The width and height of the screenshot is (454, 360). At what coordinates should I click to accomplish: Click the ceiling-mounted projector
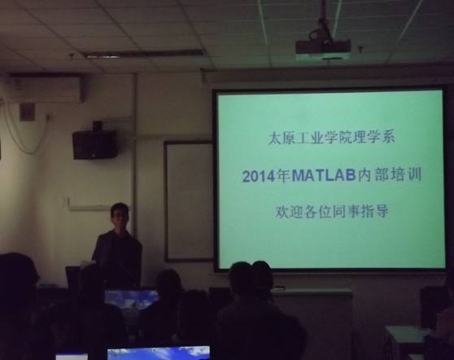tap(323, 47)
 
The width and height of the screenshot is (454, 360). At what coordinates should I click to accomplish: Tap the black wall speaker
tap(95, 144)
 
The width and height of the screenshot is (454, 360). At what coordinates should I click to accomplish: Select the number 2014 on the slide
tap(259, 176)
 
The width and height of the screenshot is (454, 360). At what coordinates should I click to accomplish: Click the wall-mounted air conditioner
tap(45, 89)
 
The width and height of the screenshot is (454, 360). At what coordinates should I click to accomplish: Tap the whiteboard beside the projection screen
tap(189, 201)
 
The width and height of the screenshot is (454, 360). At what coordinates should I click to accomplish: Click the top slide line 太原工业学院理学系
tap(331, 138)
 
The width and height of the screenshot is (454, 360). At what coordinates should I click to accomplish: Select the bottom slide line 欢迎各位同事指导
tap(331, 212)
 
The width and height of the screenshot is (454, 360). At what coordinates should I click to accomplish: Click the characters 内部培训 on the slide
tap(390, 175)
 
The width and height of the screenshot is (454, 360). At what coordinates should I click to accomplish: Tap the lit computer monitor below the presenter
tap(131, 300)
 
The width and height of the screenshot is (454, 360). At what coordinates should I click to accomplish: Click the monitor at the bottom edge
tap(159, 353)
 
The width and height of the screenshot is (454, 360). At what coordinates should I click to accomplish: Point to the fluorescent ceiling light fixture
tap(144, 54)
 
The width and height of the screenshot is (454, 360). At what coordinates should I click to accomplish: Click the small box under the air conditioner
tap(27, 112)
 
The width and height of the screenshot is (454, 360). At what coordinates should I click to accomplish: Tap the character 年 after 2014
tap(283, 176)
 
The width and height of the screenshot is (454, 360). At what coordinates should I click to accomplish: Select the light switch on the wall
tap(66, 202)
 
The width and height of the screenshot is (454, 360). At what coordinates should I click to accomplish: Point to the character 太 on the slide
tap(274, 138)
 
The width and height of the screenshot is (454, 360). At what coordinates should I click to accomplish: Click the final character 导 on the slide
tap(382, 212)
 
